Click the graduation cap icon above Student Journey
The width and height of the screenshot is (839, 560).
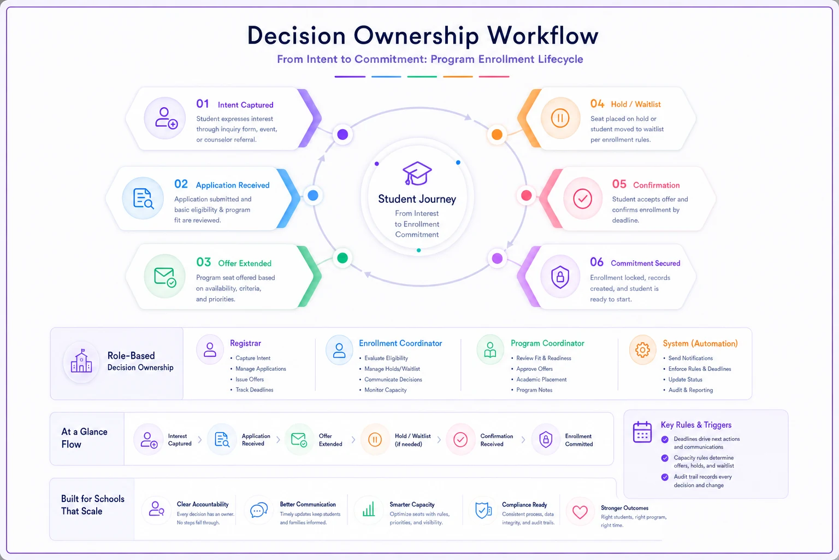pos(417,173)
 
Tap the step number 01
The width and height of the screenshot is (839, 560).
pos(203,103)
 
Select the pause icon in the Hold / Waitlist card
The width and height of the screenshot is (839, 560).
pos(560,118)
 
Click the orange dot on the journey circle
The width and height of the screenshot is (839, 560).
pos(497,135)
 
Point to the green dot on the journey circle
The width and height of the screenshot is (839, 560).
pos(342,258)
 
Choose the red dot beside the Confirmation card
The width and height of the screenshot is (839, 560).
pos(526,195)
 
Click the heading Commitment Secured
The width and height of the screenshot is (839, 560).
pos(645,263)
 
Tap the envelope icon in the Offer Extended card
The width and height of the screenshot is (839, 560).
pos(165,277)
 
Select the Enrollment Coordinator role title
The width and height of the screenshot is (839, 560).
pos(400,343)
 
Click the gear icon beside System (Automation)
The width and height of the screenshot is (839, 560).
pos(642,350)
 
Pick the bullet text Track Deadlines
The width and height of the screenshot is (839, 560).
pos(255,390)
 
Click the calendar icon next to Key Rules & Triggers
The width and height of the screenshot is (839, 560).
pos(642,432)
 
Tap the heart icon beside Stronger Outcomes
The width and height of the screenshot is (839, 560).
pos(580,512)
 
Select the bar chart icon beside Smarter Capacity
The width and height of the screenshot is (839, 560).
pos(369,509)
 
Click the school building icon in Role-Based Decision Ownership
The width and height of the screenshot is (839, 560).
pos(81,361)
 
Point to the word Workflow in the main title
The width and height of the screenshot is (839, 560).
pos(542,36)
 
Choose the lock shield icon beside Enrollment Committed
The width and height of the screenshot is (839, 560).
pos(546,439)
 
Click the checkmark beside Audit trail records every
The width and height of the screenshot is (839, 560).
pos(665,477)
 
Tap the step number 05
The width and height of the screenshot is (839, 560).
pos(619,184)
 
